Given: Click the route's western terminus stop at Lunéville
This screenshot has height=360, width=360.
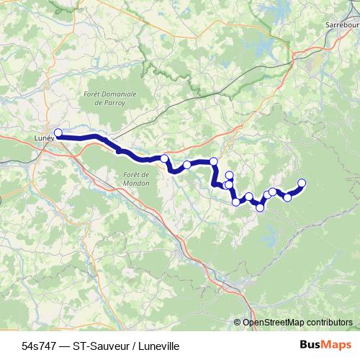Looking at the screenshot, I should pos(58,132).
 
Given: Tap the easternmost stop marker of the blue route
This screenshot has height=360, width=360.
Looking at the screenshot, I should pos(302,183).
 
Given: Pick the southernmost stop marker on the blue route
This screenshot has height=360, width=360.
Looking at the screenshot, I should pos(260,207).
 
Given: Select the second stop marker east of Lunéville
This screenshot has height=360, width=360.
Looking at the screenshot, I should pos(187,165).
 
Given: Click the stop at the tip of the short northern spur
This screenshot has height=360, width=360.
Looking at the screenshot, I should pos(230,175).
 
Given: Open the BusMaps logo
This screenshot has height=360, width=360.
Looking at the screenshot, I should pos(323,346).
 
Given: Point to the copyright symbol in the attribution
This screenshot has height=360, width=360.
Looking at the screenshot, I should pos(238,323).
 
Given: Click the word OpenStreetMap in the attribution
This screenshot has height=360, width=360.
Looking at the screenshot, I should pos(273,323).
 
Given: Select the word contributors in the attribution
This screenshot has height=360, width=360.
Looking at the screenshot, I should pos(330,323).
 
